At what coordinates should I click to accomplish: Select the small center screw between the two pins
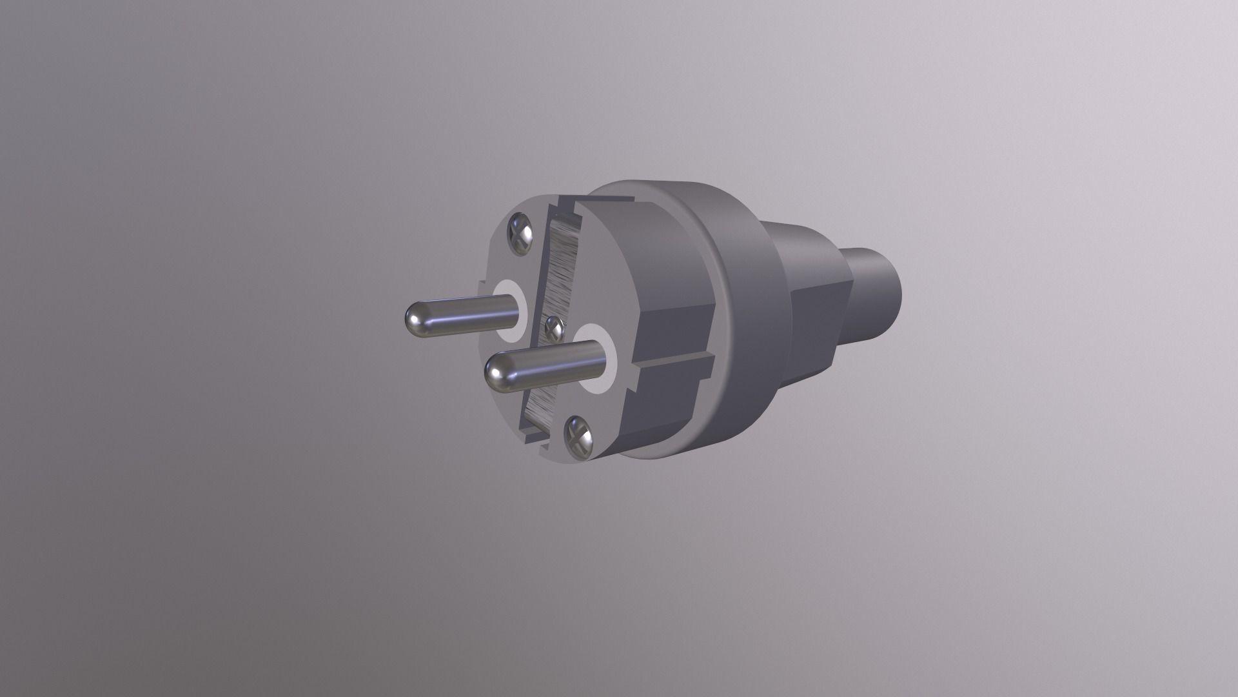click(554, 329)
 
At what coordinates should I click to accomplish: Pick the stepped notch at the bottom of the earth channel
click(535, 439)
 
